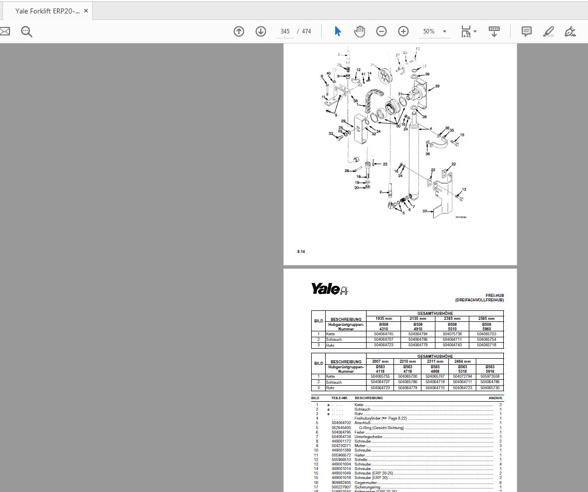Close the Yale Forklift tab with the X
[x=86, y=10]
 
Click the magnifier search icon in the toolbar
[x=26, y=31]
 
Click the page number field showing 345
[x=285, y=31]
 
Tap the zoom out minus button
[x=382, y=31]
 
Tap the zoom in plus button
[x=403, y=31]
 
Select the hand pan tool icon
[x=360, y=31]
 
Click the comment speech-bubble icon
[x=526, y=31]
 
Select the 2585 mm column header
[x=486, y=318]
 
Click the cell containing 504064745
[x=384, y=334]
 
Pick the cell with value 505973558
[x=490, y=377]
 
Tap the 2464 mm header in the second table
[x=462, y=361]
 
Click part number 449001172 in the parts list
[x=341, y=441]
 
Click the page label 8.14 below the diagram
[x=301, y=251]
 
